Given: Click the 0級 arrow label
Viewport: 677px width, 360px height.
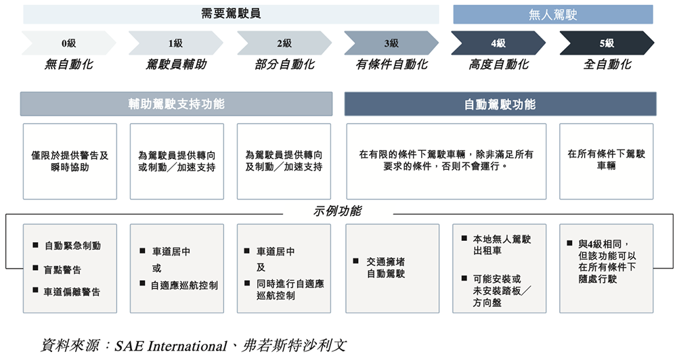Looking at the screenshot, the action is pos(68,43).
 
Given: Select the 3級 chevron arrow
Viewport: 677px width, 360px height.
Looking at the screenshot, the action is pos(391,43).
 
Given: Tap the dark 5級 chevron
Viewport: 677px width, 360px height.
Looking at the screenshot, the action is pos(607,43).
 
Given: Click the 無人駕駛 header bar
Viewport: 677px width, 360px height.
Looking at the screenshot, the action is pos(553,15).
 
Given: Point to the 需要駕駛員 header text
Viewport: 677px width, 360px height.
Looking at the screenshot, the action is pos(231,14).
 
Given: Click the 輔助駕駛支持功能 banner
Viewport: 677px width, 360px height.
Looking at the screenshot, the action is pos(176,104).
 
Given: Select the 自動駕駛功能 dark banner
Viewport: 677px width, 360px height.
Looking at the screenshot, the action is pos(500,104).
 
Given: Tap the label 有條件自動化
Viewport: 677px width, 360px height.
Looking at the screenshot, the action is pos(391,65).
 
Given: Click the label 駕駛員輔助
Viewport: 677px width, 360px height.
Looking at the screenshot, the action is pos(176,65).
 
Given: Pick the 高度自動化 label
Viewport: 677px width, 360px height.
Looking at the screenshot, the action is pos(499,65).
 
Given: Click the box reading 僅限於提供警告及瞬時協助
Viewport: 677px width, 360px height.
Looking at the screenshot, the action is pos(70,162).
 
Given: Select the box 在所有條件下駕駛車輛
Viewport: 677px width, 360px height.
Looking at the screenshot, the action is pos(606,162).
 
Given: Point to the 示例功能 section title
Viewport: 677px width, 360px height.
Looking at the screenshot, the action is pos(338,211).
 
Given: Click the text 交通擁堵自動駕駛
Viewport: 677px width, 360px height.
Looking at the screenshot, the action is pos(386,267).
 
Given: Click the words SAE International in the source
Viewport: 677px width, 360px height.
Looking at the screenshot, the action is pos(171,346).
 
